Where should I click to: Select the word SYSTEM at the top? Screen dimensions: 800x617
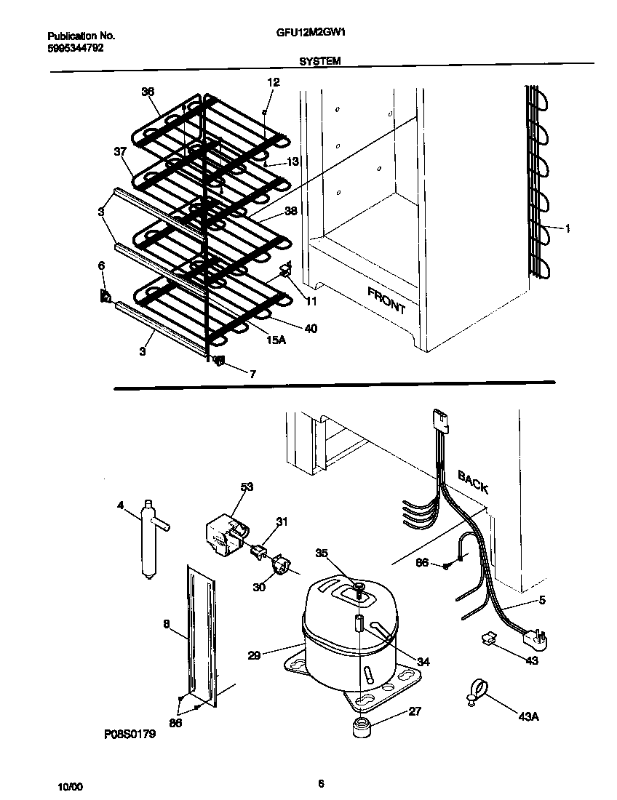coord(319,63)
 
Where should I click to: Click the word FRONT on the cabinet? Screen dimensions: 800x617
coord(386,299)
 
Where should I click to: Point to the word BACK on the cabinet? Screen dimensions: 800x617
coord(473,481)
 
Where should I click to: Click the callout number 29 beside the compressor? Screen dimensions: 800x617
coord(254,655)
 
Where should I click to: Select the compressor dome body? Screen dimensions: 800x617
coord(342,618)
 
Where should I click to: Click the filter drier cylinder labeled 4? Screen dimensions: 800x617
coord(151,539)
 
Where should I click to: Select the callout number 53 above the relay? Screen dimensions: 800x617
coord(247,487)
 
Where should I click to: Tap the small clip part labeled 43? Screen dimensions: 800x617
coord(488,639)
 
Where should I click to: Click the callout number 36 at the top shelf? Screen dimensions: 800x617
coord(148,92)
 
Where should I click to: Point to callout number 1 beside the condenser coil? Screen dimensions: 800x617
coord(568,228)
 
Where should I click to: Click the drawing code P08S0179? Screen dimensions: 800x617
coord(130,735)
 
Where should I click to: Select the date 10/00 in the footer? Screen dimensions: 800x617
coord(71,787)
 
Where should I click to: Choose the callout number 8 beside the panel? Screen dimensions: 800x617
coord(166,623)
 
